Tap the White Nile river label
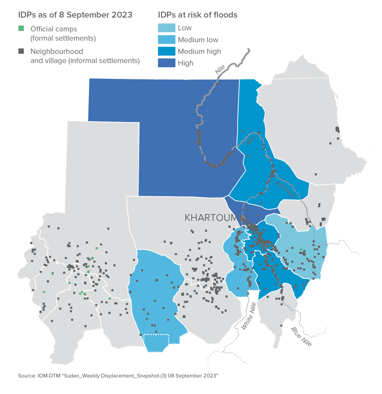click(x=248, y=316)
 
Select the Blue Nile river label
click(x=301, y=337)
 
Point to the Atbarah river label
click(x=285, y=190)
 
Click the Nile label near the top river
click(x=220, y=70)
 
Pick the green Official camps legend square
click(x=21, y=28)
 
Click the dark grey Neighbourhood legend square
click(x=21, y=51)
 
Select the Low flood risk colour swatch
click(x=166, y=28)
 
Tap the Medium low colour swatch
click(x=166, y=40)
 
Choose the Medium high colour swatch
click(x=166, y=51)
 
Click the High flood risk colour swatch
click(x=166, y=63)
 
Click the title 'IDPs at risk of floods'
click(x=197, y=15)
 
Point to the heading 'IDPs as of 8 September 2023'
click(x=75, y=15)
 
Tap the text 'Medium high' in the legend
click(x=199, y=51)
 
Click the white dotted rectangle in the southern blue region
click(x=156, y=339)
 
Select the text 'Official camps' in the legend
click(x=54, y=29)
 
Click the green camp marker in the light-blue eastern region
click(x=301, y=249)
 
